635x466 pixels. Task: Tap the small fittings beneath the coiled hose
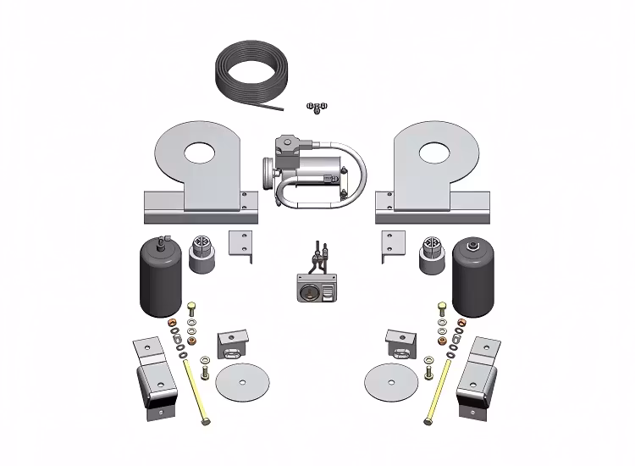(x=317, y=107)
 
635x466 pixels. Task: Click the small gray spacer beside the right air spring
(x=433, y=254)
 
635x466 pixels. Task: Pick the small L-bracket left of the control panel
(x=243, y=246)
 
